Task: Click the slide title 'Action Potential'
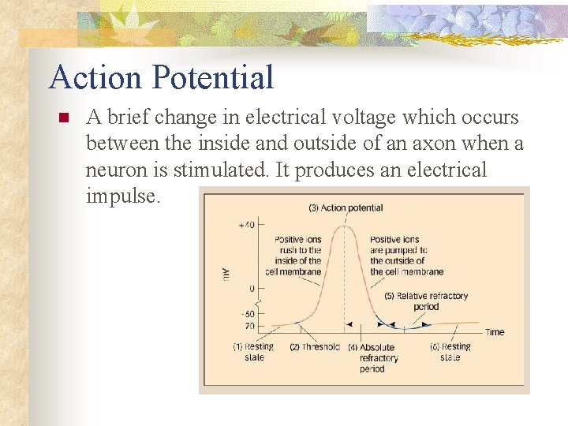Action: tap(161, 77)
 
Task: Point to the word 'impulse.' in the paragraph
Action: tap(122, 196)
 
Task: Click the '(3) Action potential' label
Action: tap(346, 208)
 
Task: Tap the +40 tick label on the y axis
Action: tap(245, 225)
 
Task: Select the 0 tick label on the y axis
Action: tap(252, 289)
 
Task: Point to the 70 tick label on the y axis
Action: tap(248, 324)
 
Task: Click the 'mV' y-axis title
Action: tap(226, 273)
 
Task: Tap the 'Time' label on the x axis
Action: tap(495, 332)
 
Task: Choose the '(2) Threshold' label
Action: tap(314, 347)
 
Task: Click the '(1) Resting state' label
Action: tap(253, 352)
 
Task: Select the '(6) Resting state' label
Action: tap(451, 352)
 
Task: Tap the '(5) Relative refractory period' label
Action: tap(426, 301)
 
